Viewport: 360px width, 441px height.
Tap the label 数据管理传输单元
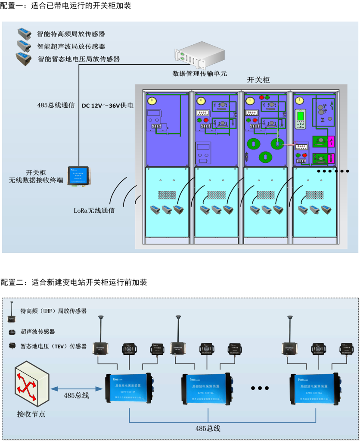(199, 73)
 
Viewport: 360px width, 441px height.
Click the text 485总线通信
(56, 105)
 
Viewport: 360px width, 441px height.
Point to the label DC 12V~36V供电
(107, 105)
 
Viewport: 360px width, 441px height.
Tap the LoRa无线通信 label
(94, 211)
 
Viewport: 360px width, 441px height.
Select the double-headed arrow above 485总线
(76, 388)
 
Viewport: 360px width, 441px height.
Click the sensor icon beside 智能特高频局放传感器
(24, 33)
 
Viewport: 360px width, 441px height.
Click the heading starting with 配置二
(74, 283)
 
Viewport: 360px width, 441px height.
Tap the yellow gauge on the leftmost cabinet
(151, 101)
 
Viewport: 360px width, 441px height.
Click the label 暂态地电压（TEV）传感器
(54, 346)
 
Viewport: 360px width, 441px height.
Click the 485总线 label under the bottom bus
(208, 429)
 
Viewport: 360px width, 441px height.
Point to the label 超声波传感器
(38, 332)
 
